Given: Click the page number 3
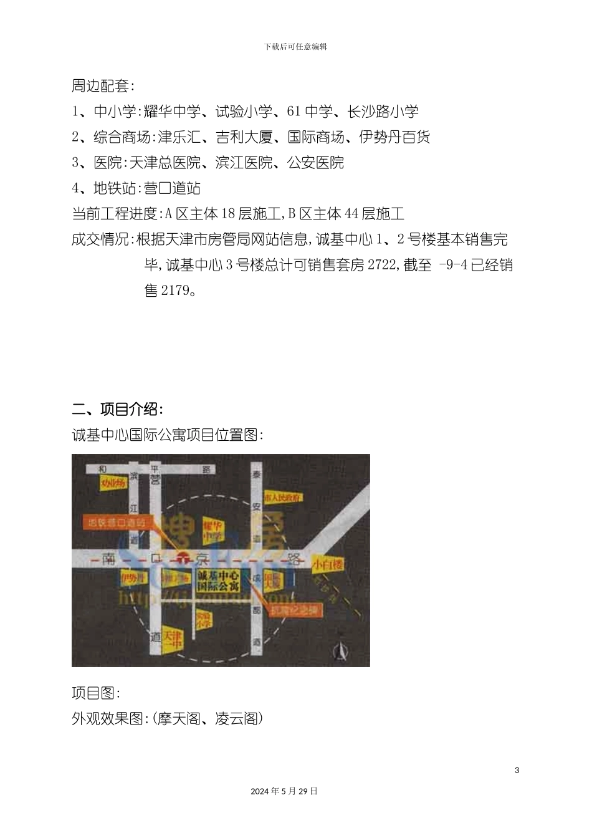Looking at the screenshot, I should click(517, 770).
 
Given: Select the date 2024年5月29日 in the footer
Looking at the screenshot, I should click(284, 791).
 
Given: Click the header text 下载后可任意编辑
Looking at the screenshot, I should click(295, 47).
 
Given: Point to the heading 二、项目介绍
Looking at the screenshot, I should click(118, 410).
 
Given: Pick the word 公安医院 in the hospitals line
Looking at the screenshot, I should click(315, 163).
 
